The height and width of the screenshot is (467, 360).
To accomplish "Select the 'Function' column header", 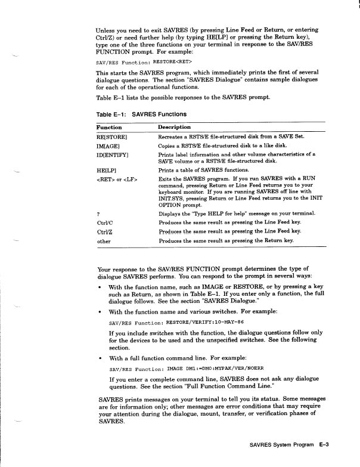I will (x=109, y=127).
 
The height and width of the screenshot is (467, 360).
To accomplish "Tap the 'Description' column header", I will (x=174, y=127).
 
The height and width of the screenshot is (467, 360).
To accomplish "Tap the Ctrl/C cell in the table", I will (x=104, y=222).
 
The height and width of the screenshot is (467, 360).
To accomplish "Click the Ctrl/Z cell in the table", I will (x=104, y=231).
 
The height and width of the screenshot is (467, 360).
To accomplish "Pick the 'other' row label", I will (x=104, y=241).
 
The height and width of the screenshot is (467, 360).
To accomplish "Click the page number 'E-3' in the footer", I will (x=324, y=444).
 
